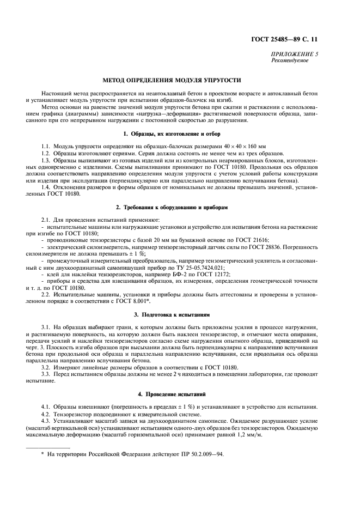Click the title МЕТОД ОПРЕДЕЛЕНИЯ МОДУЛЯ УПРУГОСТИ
[179, 80]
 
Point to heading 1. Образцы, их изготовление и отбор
[179, 133]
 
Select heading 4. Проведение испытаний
[179, 392]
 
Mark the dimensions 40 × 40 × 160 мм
[236, 147]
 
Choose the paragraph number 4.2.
[47, 413]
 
